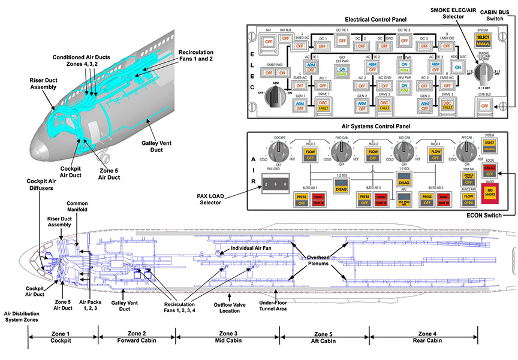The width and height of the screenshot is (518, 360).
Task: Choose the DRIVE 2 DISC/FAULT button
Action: pyautogui.click(x=384, y=105)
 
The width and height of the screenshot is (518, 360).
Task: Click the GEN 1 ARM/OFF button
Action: pyautogui.click(x=299, y=105)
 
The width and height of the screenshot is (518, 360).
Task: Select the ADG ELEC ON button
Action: pyautogui.click(x=457, y=68)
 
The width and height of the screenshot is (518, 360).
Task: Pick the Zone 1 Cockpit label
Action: pyautogui.click(x=61, y=337)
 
